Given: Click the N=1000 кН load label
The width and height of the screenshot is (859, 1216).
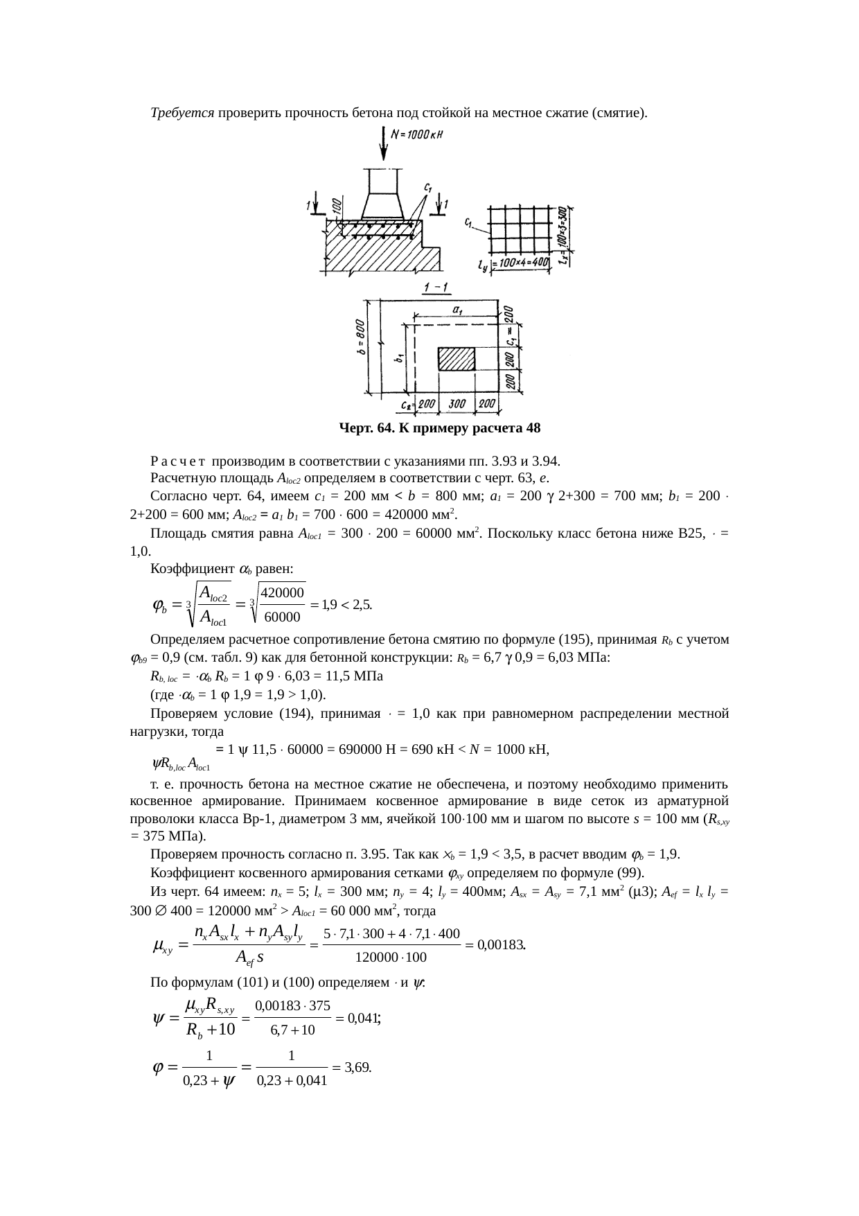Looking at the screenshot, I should tap(418, 136).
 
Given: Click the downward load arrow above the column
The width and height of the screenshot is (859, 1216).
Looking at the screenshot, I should tap(384, 145).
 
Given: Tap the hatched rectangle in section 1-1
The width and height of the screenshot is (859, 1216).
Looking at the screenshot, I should tap(456, 360).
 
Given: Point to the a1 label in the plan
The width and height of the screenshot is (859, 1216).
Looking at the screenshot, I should tap(458, 310).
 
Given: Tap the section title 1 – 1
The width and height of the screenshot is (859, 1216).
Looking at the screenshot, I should tap(435, 287).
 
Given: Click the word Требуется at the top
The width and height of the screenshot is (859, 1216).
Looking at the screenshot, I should tap(181, 112).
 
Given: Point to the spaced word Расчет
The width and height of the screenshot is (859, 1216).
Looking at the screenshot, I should tap(179, 461).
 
